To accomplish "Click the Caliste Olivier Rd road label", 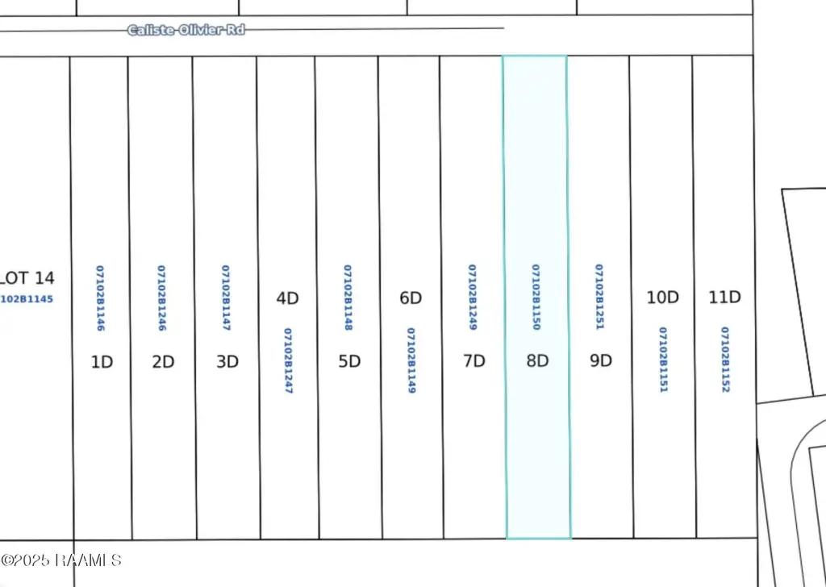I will (x=186, y=30).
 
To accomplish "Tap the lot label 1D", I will (x=102, y=361).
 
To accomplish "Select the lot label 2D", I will (x=163, y=361).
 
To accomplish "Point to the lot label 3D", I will (x=227, y=361).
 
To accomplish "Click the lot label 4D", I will (x=287, y=298).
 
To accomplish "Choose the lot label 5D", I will (x=349, y=361).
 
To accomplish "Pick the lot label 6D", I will (x=411, y=298).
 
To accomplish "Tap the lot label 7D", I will (x=474, y=361).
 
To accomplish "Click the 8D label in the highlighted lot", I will (x=537, y=360).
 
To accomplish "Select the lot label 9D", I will (x=601, y=360).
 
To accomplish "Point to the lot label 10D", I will (x=662, y=298).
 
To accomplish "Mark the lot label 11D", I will (x=724, y=298).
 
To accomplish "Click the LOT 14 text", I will (x=27, y=278).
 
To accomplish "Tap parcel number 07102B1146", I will (x=100, y=298).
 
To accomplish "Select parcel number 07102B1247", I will (x=287, y=360).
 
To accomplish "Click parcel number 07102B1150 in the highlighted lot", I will (x=536, y=297).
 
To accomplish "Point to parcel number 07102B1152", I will (x=725, y=360).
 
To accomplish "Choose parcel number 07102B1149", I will (x=411, y=360).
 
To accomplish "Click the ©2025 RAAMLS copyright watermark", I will (x=61, y=559).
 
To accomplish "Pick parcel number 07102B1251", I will (x=599, y=297).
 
